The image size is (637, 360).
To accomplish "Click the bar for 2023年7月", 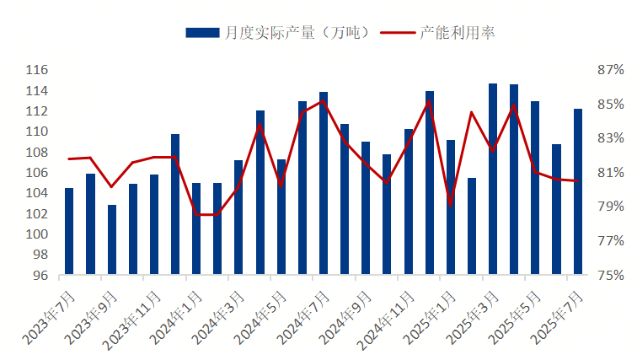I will pyautogui.click(x=69, y=232).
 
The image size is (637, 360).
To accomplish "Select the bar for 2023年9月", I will pyautogui.click(x=112, y=240).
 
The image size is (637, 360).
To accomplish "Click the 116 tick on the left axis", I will pyautogui.click(x=37, y=70).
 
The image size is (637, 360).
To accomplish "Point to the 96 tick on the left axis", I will pyautogui.click(x=40, y=276).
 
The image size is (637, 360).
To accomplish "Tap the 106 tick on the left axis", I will pyautogui.click(x=37, y=173).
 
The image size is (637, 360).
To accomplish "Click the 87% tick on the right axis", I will pyautogui.click(x=611, y=70).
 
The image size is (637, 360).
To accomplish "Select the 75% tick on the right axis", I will pyautogui.click(x=611, y=276).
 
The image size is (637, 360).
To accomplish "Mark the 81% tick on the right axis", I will pyautogui.click(x=611, y=173).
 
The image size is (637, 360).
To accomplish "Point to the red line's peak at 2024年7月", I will pyautogui.click(x=324, y=101).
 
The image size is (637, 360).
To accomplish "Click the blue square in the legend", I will pyautogui.click(x=203, y=33).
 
